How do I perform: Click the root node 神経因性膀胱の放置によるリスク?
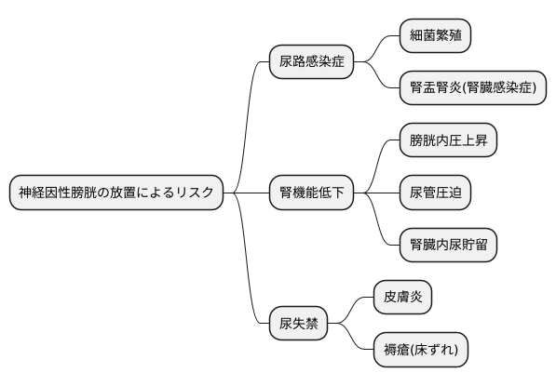click(116, 193)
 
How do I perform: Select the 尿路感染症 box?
click(311, 63)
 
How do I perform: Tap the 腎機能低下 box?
click(311, 193)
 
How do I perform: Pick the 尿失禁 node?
click(298, 324)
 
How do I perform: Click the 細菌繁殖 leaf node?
click(435, 36)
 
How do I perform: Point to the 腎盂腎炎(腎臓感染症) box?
click(472, 89)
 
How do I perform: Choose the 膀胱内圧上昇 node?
click(447, 141)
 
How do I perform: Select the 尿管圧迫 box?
click(435, 193)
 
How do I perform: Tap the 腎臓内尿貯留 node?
click(447, 246)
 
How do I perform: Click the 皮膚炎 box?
click(402, 298)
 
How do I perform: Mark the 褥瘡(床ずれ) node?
click(420, 350)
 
